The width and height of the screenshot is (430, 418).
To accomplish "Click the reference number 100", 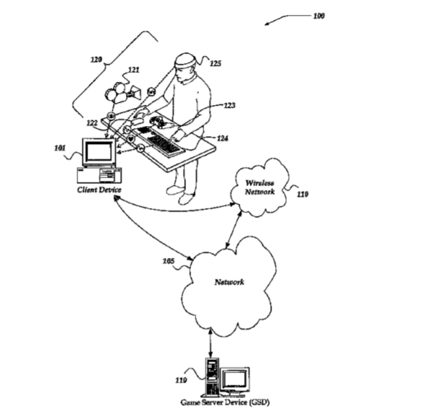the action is pos(319,16).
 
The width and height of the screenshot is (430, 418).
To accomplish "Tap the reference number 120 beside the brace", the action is pos(96,59).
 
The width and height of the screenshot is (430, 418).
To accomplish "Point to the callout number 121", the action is pos(133,70).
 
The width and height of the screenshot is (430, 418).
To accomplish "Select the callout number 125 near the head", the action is pos(216,64).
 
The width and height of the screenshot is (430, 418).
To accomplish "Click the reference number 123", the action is pos(229,105).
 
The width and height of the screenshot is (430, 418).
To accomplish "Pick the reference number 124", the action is pos(222,138).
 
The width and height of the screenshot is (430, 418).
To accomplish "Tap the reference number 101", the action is pos(60,149).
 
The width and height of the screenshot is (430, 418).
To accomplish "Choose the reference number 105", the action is pos(169,261).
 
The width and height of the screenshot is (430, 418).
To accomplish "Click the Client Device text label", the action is pos(99,190).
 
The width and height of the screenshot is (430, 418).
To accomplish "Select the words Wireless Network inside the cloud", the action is pos(259,187).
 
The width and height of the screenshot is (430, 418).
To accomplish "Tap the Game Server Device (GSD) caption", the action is pos(225,402).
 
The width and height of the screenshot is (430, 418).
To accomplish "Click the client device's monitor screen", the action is pos(98,152).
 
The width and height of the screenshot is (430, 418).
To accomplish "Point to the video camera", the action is pos(122,93).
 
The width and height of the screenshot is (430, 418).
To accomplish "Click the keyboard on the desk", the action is pos(161,141).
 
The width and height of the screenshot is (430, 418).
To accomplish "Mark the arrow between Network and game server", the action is pos(211,344).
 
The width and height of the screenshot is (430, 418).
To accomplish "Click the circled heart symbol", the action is pos(131,139).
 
